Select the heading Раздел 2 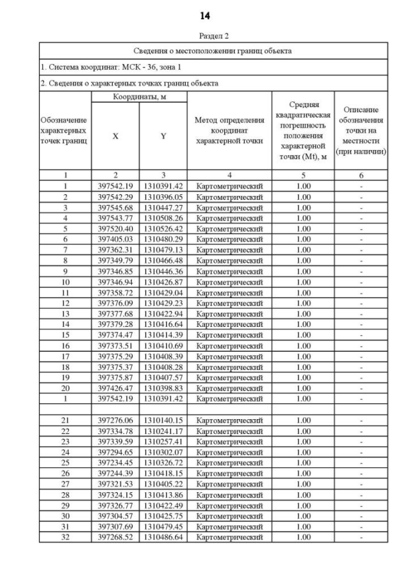click(x=205, y=36)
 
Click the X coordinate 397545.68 click(x=115, y=208)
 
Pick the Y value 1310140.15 click(x=163, y=420)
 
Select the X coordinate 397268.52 click(x=115, y=536)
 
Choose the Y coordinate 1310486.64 click(x=163, y=536)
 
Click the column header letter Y click(x=163, y=137)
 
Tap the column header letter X click(x=115, y=137)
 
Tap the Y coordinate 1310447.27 click(x=163, y=208)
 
